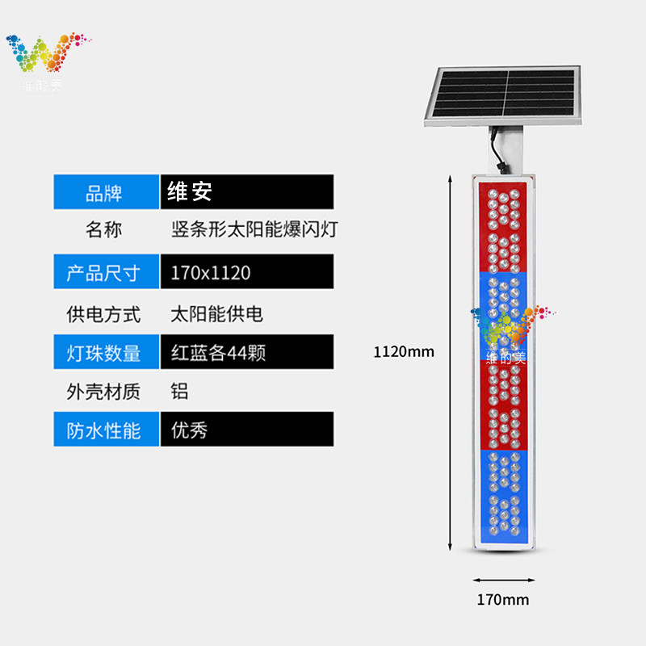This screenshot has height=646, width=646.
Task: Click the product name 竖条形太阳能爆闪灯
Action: [254, 230]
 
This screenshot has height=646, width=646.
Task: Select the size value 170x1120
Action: [211, 272]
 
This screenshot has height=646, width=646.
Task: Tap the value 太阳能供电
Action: [217, 313]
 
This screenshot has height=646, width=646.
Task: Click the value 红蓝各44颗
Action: [218, 353]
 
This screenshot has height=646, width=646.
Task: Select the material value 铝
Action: [179, 392]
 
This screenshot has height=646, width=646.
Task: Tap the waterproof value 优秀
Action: [190, 430]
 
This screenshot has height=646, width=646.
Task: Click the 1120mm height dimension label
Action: [404, 351]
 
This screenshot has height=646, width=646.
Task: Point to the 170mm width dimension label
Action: [502, 600]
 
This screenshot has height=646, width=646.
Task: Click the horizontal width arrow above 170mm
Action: [503, 579]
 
